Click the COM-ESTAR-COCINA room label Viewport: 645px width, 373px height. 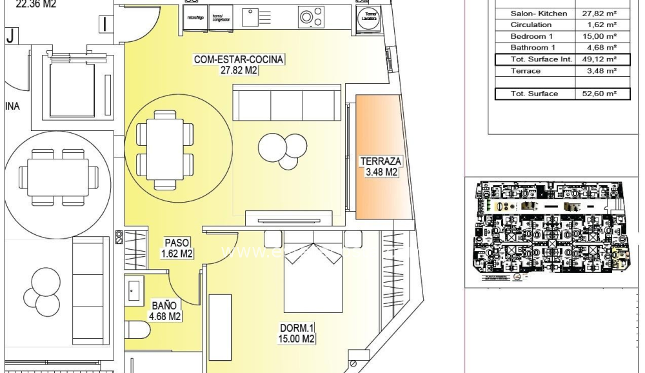tap(239, 65)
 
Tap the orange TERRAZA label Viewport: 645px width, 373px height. tap(381, 167)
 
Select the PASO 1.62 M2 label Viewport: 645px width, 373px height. tap(176, 248)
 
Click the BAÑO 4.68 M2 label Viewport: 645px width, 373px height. tap(166, 311)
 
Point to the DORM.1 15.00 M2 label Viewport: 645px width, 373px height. tap(297, 333)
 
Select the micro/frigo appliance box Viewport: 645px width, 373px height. tap(195, 18)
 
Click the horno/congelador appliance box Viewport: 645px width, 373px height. tap(222, 18)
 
